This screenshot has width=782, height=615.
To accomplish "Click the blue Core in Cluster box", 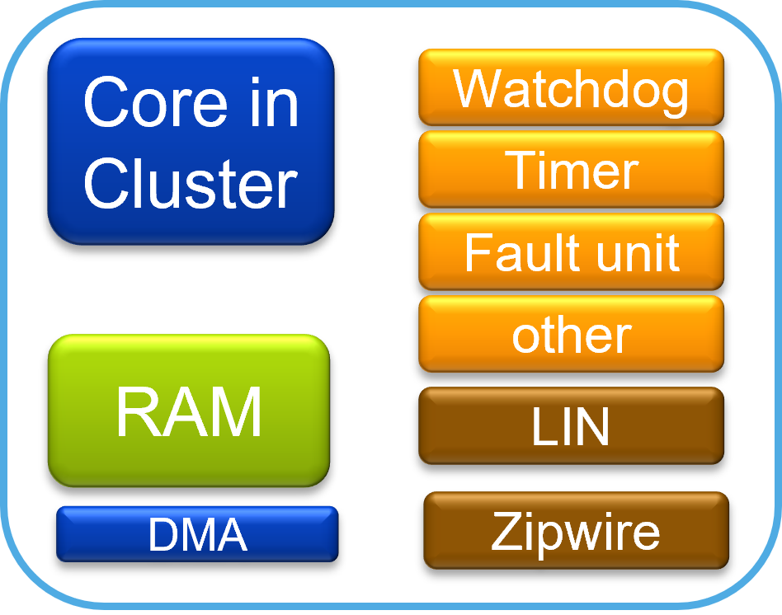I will click(191, 142).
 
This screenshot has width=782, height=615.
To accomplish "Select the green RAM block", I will click(189, 410).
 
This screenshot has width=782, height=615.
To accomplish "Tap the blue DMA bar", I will click(197, 534).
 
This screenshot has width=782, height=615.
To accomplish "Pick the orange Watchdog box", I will click(571, 87).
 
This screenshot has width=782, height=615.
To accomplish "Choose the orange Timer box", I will click(571, 169).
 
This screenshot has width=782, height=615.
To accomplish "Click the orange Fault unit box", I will click(571, 251).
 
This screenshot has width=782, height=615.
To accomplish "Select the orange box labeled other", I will click(571, 334).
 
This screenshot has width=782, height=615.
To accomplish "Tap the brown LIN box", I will click(571, 426).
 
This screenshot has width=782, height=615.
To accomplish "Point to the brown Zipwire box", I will click(576, 531).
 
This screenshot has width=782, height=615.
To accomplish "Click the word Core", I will click(157, 103).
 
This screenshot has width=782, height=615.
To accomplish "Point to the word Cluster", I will click(191, 182).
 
